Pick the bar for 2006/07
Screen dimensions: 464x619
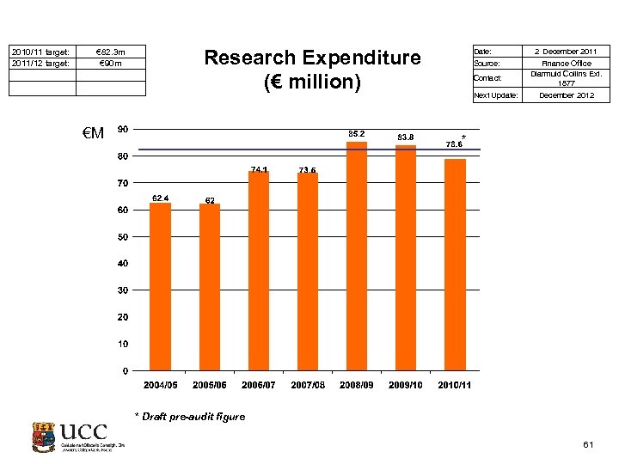[x=259, y=271]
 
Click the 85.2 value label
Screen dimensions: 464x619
[x=356, y=133]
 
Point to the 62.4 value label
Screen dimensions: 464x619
[x=161, y=198]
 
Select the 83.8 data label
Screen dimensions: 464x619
[x=406, y=137]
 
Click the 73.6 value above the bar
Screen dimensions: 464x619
[x=308, y=169]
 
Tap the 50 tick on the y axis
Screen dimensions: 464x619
[x=124, y=236]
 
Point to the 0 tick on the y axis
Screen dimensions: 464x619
[x=126, y=371]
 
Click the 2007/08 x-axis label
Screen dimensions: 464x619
[x=308, y=385]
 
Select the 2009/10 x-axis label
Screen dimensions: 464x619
[x=405, y=385]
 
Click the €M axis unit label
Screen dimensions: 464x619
[x=93, y=133]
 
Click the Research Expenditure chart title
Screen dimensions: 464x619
[x=312, y=70]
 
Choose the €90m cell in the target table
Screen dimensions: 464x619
[x=111, y=64]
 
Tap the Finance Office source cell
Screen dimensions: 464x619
[x=566, y=64]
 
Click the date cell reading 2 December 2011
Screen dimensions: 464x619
[x=566, y=52]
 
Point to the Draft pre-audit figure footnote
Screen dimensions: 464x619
[x=189, y=417]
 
